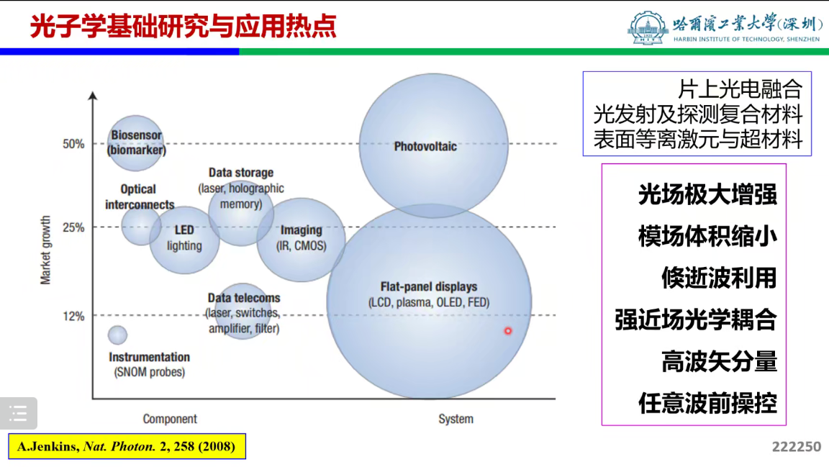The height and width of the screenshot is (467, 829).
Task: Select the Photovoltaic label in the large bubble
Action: point(425,147)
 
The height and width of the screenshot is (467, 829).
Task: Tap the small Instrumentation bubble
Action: point(117,335)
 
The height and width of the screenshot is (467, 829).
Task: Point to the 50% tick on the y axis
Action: point(73,144)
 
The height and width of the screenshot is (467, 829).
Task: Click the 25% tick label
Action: point(73,227)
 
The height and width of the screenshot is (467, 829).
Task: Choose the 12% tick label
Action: point(73,316)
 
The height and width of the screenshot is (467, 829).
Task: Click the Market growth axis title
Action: point(46,250)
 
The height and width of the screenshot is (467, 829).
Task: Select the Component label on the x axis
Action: point(170,419)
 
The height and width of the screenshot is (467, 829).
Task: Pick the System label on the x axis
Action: point(456,419)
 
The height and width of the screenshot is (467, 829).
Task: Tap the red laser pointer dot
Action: point(507,331)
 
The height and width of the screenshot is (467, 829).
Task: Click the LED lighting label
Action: point(184,238)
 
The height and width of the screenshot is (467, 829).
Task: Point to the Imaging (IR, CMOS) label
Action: point(301,237)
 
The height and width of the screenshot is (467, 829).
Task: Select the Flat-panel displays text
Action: point(429,287)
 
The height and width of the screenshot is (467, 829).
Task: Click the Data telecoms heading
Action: point(244,298)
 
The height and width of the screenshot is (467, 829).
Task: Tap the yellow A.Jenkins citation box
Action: point(127,446)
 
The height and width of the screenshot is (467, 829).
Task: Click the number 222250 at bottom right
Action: point(797,447)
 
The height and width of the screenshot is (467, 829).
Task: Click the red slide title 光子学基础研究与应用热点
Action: point(184,26)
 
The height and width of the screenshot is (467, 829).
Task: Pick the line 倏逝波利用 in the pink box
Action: point(719,278)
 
